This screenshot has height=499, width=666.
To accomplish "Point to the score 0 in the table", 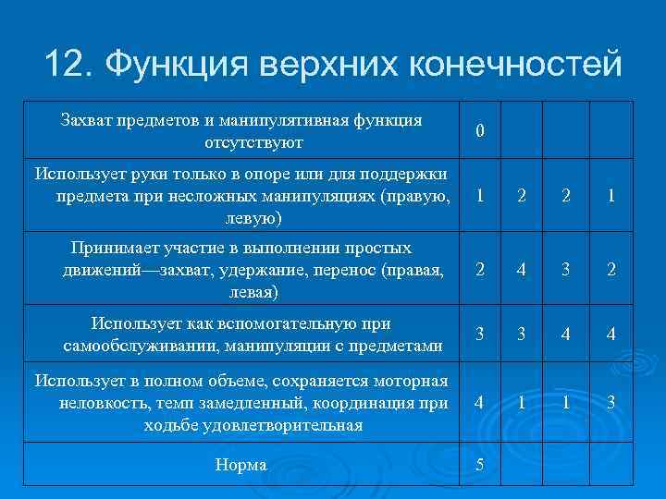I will pyautogui.click(x=478, y=132).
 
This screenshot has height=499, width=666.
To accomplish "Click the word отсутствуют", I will pyautogui.click(x=254, y=143).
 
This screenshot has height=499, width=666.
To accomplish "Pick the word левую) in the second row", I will pyautogui.click(x=254, y=219).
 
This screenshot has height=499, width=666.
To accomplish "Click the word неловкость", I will pyautogui.click(x=101, y=403).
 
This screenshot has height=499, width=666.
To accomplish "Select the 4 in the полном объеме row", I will pyautogui.click(x=478, y=403).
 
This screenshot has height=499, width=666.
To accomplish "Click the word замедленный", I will pyautogui.click(x=241, y=403).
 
